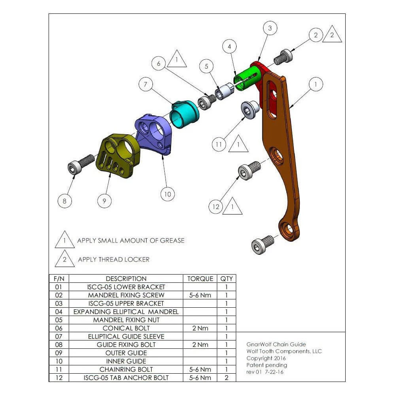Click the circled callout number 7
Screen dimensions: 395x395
(x=146, y=85)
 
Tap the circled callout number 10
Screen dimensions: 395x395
(x=167, y=194)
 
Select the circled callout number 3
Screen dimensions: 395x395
(x=270, y=28)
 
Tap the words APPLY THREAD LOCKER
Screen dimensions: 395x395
(x=114, y=260)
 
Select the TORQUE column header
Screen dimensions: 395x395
(x=200, y=278)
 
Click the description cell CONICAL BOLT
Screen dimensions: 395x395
(x=126, y=328)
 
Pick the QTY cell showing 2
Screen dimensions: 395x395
(x=226, y=378)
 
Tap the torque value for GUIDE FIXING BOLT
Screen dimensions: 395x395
(x=200, y=345)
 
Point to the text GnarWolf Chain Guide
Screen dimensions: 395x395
(x=276, y=344)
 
